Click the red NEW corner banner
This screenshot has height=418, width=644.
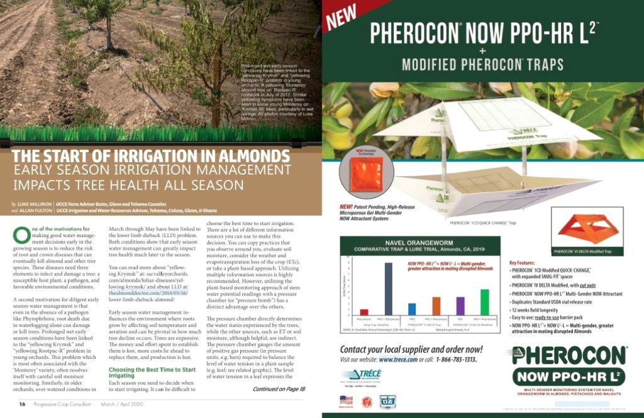[x=341, y=18]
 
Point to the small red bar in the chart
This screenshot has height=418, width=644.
[x=364, y=311]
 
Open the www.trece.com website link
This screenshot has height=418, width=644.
[x=398, y=360]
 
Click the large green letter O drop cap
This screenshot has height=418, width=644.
[x=21, y=234]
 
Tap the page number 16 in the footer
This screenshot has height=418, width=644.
[x=22, y=404]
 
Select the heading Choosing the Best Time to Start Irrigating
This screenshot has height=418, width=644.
[x=143, y=373]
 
